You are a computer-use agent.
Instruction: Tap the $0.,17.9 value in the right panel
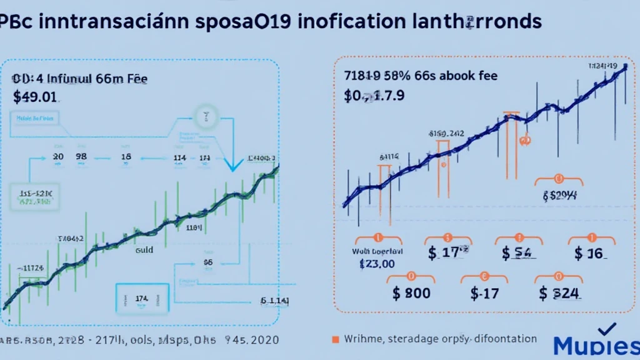(x=374, y=96)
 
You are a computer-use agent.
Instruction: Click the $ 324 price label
(x=559, y=293)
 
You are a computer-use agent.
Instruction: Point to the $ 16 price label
(x=591, y=253)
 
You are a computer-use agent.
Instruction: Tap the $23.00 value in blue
(x=377, y=264)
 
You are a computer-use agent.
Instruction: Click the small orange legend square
(x=336, y=339)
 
